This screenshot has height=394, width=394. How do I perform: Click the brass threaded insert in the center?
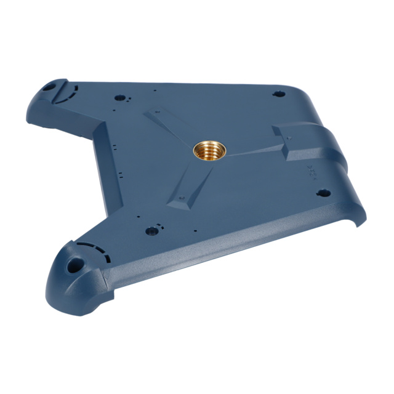click(x=209, y=149)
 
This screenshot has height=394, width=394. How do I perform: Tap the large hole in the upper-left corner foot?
click(x=48, y=87)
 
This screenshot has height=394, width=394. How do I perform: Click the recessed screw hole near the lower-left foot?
click(x=151, y=231)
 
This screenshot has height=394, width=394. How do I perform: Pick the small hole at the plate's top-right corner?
click(x=278, y=94)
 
